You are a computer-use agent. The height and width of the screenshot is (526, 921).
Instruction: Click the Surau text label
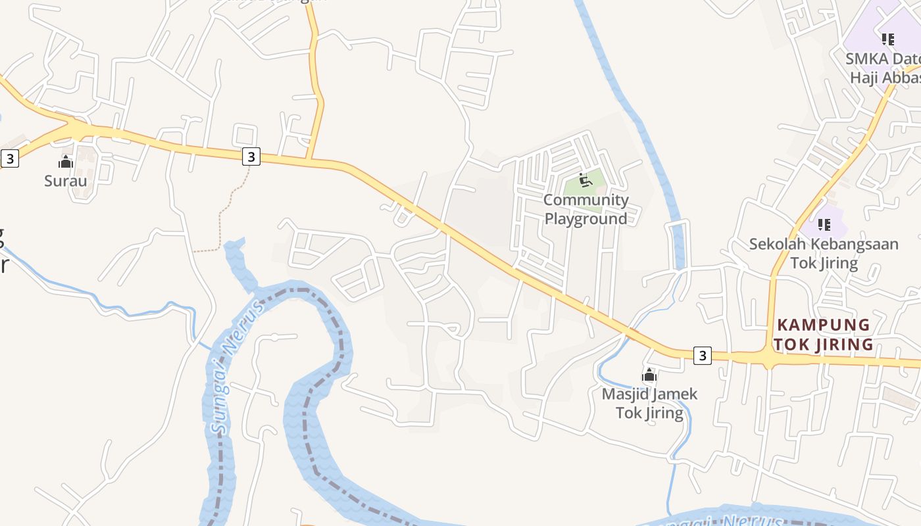point(65,180)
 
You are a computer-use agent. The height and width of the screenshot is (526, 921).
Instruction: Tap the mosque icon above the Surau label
point(66,162)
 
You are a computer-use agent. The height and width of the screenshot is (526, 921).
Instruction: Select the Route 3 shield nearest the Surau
point(9,158)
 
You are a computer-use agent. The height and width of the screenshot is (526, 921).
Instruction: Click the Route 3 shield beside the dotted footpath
point(251,156)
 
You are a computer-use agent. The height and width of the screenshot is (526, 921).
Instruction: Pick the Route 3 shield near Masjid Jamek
point(703,355)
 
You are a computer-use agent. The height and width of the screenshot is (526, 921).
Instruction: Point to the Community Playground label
point(585,209)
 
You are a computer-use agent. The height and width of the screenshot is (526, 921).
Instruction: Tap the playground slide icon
point(584,179)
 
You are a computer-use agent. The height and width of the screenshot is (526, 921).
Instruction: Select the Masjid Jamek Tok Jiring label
point(649,403)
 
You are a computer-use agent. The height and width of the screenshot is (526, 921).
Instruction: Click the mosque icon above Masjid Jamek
point(649,375)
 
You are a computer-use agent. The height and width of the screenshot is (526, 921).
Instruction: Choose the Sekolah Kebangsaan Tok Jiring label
point(824,254)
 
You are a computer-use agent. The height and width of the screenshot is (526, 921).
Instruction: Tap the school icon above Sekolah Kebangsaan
point(824,225)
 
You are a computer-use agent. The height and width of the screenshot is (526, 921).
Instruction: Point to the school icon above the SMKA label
point(888,39)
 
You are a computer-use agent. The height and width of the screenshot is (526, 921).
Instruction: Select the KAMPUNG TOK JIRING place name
point(823,335)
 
